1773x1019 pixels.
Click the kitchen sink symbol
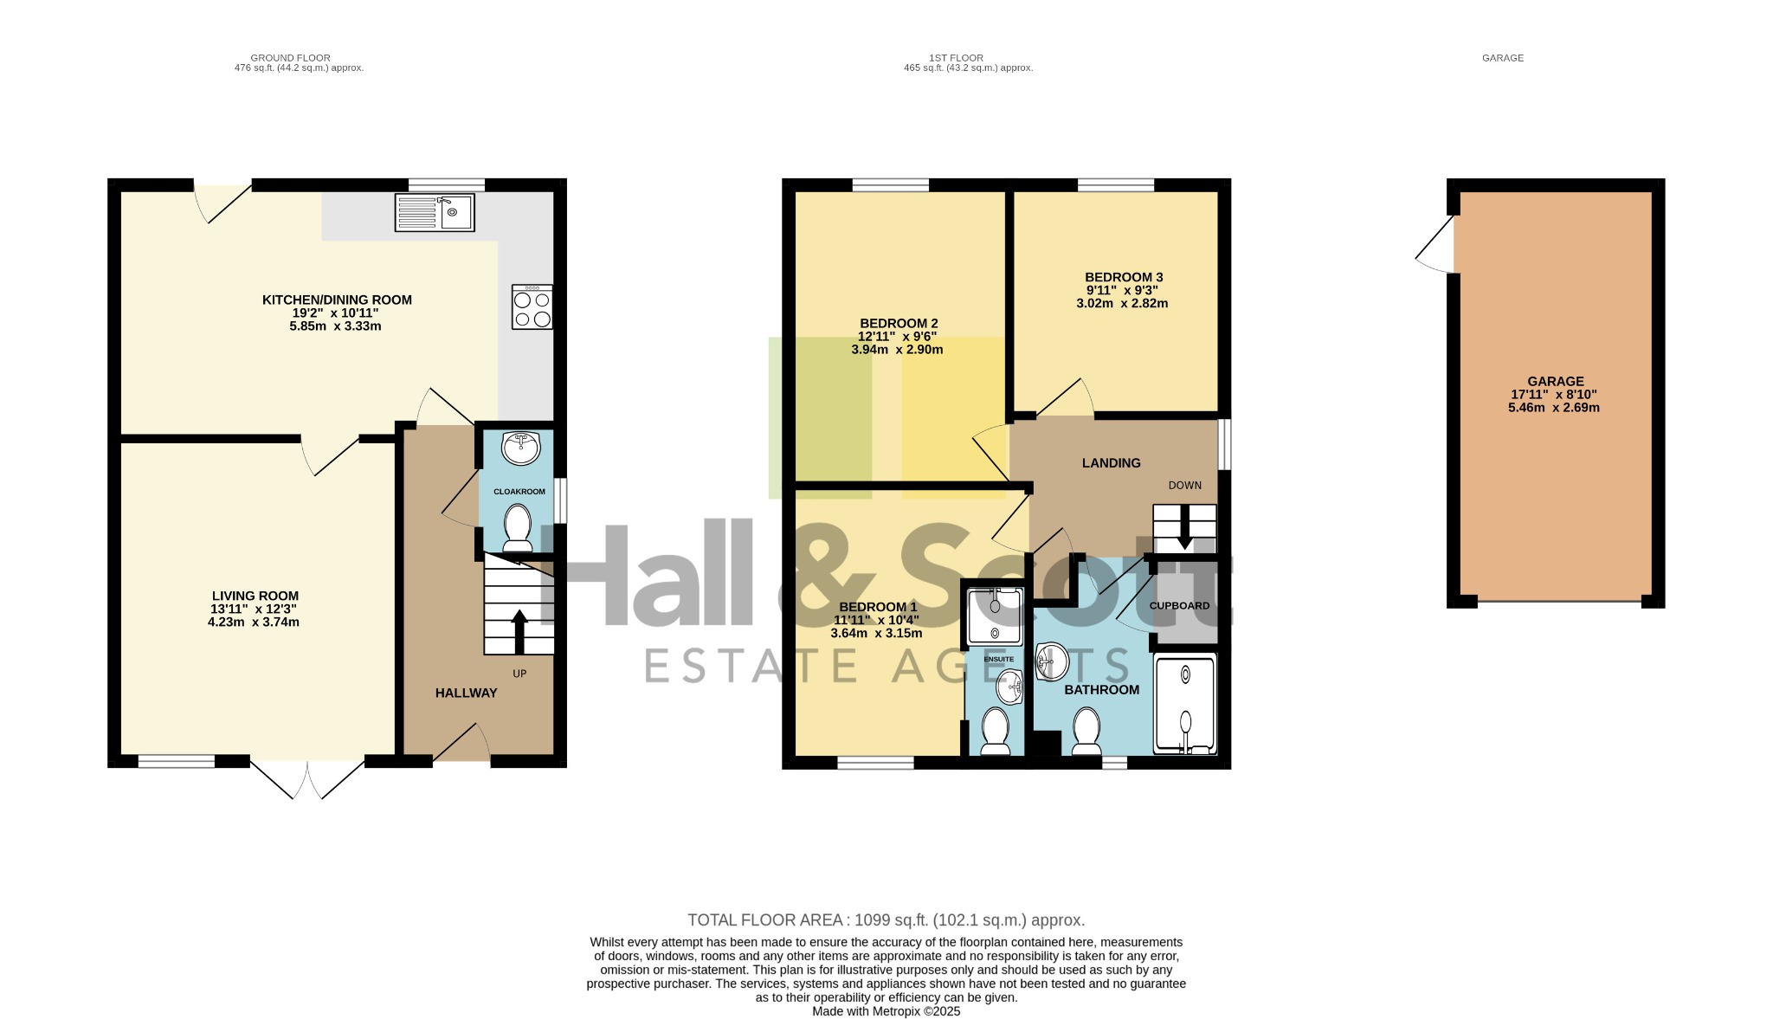click(434, 212)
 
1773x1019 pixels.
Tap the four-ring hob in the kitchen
click(532, 307)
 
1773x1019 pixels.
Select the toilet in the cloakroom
click(518, 528)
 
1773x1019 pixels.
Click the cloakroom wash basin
click(520, 448)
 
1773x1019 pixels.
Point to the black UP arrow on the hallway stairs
click(519, 632)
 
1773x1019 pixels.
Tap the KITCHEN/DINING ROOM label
click(337, 300)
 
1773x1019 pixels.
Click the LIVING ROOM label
click(255, 596)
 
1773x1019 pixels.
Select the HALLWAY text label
click(466, 693)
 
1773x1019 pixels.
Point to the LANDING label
click(1112, 463)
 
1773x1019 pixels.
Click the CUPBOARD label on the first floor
click(1179, 606)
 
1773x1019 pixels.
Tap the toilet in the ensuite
click(995, 732)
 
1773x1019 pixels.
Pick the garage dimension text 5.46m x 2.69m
click(1554, 408)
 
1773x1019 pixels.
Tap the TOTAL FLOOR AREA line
click(886, 920)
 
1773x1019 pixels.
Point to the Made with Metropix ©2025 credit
click(886, 1011)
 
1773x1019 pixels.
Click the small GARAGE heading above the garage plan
click(1503, 58)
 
